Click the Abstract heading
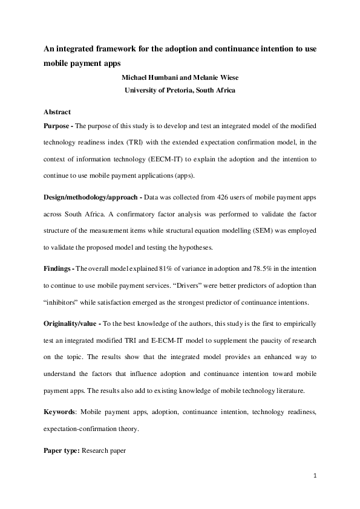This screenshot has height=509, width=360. (57, 112)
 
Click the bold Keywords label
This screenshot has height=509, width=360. (60, 412)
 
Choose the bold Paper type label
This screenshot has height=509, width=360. (62, 451)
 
